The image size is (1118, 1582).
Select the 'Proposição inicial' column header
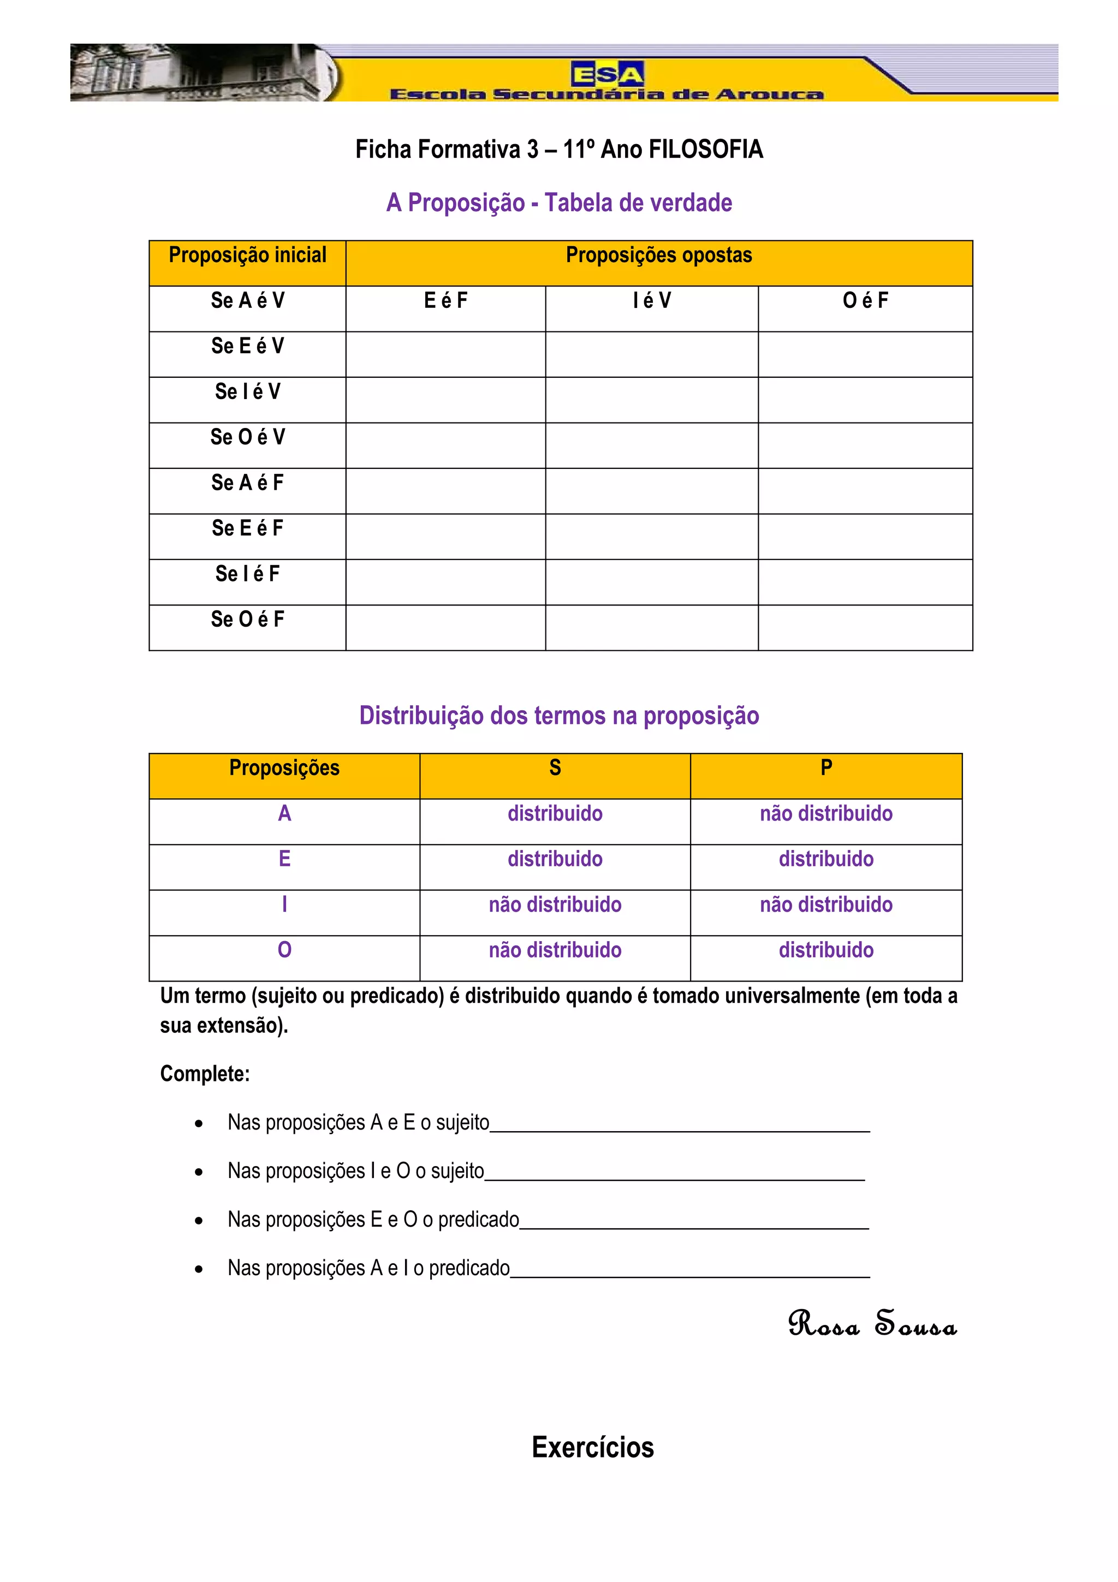pos(247,255)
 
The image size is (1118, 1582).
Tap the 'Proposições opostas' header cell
pos(658,255)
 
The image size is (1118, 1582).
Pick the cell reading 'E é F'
pos(445,301)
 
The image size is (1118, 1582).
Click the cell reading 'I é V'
pos(652,301)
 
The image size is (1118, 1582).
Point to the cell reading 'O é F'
pos(865,301)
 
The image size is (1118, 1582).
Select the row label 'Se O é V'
pos(247,437)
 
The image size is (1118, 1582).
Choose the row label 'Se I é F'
pos(247,574)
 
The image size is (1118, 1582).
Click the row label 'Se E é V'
pos(247,347)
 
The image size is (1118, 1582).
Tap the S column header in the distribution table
pos(555,768)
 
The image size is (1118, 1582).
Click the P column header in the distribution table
pos(826,768)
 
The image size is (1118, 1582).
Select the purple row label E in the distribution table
pos(284,859)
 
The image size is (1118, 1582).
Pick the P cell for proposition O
pos(826,950)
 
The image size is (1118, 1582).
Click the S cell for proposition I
pos(555,905)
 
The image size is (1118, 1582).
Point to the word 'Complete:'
pos(205,1074)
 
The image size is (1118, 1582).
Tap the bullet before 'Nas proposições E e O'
pos(198,1221)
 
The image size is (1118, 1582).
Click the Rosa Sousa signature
pos(872,1324)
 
